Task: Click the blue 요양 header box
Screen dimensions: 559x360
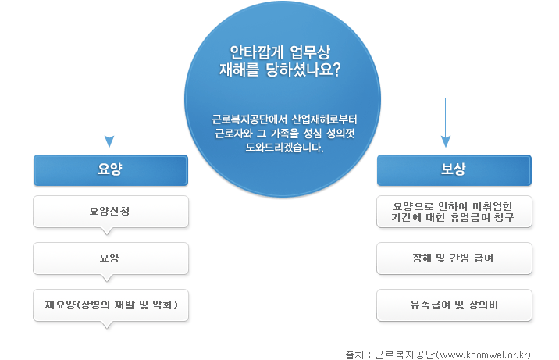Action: (111, 170)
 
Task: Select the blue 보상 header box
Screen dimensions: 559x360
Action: (454, 170)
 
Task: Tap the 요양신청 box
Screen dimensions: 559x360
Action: (111, 212)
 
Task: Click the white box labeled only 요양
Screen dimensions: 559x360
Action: (111, 258)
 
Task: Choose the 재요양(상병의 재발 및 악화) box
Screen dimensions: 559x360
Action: (111, 305)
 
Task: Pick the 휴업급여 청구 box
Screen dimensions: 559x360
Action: (454, 212)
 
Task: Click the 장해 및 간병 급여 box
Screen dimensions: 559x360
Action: (454, 258)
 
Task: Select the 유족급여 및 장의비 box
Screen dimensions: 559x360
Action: (454, 305)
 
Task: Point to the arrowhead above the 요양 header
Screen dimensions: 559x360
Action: (109, 141)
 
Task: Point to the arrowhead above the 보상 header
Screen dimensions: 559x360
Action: (446, 141)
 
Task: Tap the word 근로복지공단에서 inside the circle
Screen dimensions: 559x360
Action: (250, 119)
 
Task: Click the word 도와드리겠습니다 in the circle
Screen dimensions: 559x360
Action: (284, 148)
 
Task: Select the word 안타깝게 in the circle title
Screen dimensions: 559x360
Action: (256, 52)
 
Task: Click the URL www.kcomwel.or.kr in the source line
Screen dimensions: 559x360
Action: (483, 355)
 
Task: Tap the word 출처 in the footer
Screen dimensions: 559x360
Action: (354, 355)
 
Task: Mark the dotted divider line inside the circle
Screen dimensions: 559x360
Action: (282, 98)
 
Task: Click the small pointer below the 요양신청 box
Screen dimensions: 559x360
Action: (107, 231)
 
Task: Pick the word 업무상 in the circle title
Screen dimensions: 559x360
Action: (310, 52)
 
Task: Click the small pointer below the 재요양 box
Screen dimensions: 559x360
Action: (107, 325)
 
